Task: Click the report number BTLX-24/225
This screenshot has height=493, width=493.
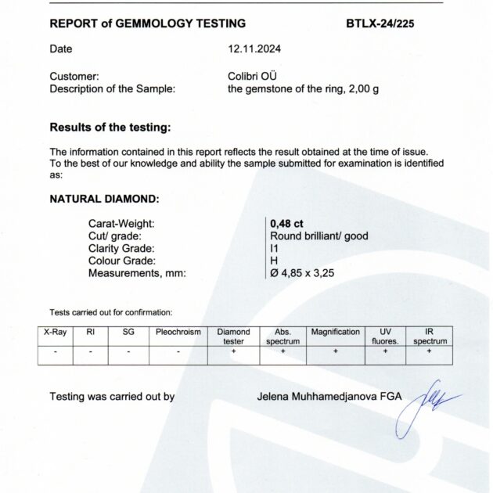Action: tap(380, 23)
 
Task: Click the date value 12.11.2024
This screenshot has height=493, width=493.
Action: tap(254, 49)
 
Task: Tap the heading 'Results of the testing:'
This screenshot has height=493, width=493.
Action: tap(110, 127)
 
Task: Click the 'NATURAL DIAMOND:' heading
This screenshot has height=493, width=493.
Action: tap(104, 199)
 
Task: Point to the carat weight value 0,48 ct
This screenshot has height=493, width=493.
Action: tap(286, 223)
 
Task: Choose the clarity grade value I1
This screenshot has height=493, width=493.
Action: tap(274, 248)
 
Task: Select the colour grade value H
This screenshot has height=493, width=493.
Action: tap(274, 261)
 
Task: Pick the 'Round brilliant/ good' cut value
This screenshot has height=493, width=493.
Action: tap(318, 236)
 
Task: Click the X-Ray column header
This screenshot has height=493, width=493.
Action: tap(55, 332)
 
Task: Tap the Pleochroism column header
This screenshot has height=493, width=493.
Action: tap(178, 332)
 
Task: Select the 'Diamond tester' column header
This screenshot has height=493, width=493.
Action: tap(233, 336)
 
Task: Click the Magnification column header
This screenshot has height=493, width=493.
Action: tap(335, 332)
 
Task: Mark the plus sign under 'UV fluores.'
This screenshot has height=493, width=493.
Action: tap(385, 352)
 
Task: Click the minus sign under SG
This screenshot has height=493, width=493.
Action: tap(128, 352)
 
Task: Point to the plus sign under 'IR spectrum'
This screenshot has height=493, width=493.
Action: tap(430, 352)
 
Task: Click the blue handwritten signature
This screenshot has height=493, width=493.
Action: tap(423, 405)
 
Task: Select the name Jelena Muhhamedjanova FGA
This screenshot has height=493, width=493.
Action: tap(329, 397)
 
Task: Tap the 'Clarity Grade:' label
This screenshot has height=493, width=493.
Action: tap(121, 248)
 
